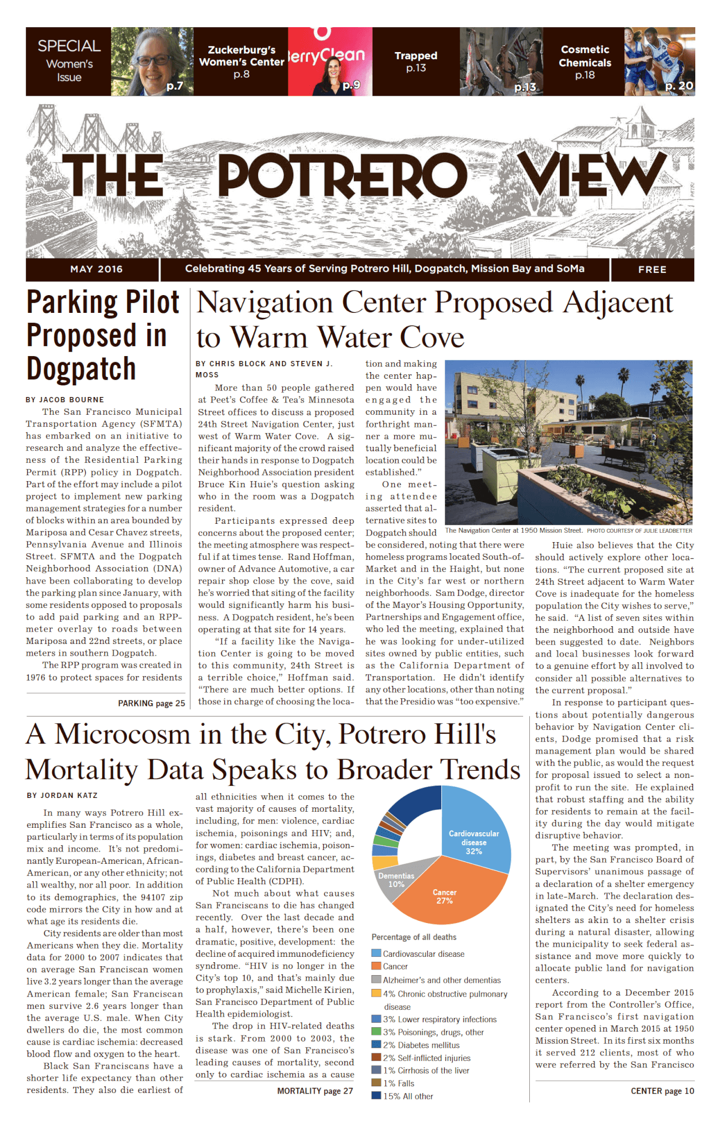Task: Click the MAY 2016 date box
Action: [96, 270]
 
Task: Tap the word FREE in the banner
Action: [652, 270]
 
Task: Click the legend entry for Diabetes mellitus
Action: [421, 1045]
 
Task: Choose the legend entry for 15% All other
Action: [407, 1096]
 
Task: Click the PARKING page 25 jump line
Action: [151, 703]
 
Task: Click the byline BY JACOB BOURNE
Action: [65, 400]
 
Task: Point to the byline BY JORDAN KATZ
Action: [62, 796]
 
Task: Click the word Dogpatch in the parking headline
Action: [81, 369]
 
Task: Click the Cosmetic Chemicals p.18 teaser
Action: [585, 62]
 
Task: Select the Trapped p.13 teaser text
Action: [416, 61]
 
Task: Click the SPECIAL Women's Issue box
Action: [69, 61]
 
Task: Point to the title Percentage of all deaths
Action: [414, 937]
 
